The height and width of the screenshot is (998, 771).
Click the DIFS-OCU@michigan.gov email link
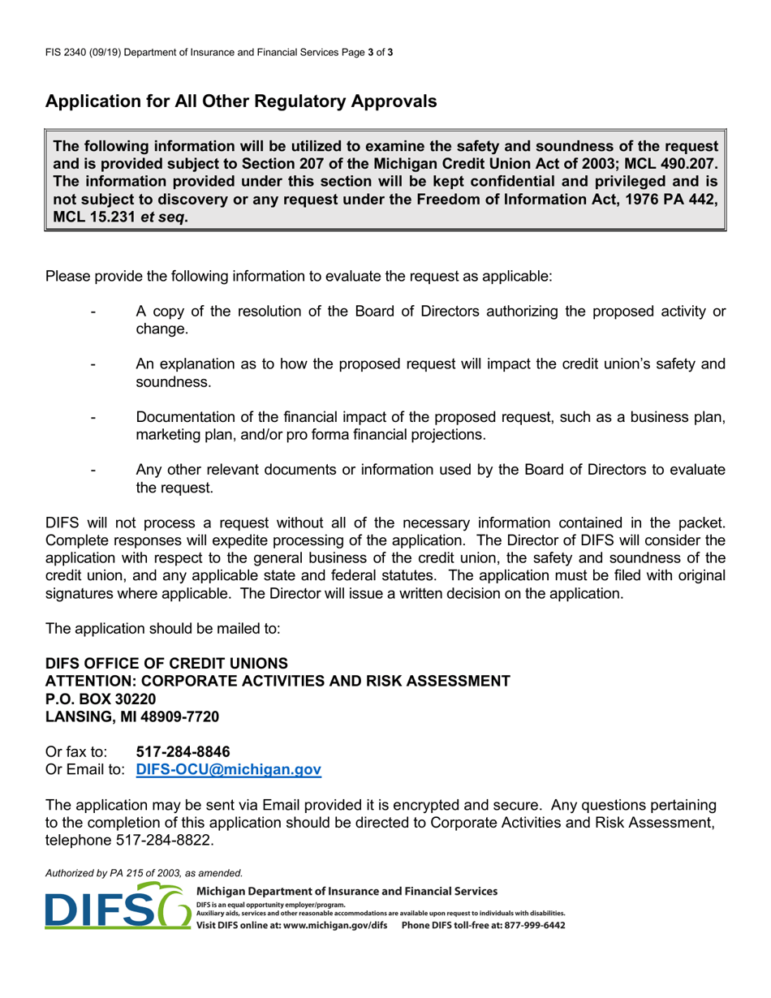coord(229,770)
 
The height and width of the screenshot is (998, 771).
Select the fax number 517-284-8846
coord(178,752)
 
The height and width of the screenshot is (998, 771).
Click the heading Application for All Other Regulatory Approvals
coord(241,102)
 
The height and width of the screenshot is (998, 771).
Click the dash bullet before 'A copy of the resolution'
coord(95,312)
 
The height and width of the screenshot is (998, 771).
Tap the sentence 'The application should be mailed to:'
coord(163,628)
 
